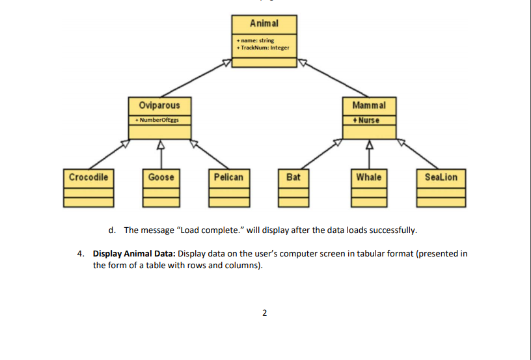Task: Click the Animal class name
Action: click(x=264, y=23)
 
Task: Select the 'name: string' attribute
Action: click(x=255, y=40)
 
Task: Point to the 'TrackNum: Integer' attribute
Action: click(x=264, y=48)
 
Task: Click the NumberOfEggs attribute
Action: click(x=155, y=120)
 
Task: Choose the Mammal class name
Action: click(x=369, y=105)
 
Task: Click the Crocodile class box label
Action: click(x=88, y=177)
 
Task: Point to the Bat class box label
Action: click(x=293, y=177)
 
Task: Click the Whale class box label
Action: click(x=369, y=177)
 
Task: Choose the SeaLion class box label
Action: click(x=441, y=177)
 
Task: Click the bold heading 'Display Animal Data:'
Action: click(x=134, y=254)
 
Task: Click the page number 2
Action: click(x=264, y=313)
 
